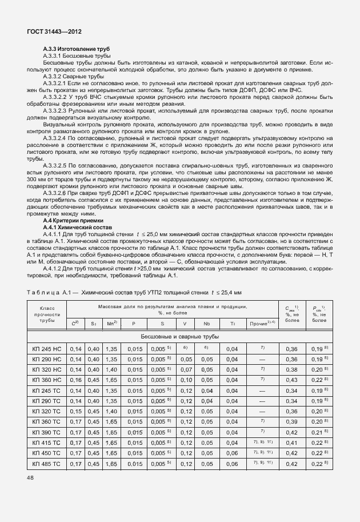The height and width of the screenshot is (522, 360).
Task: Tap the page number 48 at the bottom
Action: (31, 476)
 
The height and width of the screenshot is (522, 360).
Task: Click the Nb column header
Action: (206, 324)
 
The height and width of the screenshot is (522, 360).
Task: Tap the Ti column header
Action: (232, 324)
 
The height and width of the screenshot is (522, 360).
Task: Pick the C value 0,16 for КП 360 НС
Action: (75, 380)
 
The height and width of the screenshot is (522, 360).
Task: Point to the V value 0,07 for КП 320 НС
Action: (185, 370)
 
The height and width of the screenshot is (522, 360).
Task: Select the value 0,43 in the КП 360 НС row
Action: (291, 380)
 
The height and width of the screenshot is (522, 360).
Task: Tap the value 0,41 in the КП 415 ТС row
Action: (291, 443)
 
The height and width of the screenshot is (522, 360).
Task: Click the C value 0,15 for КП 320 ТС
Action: (75, 412)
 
